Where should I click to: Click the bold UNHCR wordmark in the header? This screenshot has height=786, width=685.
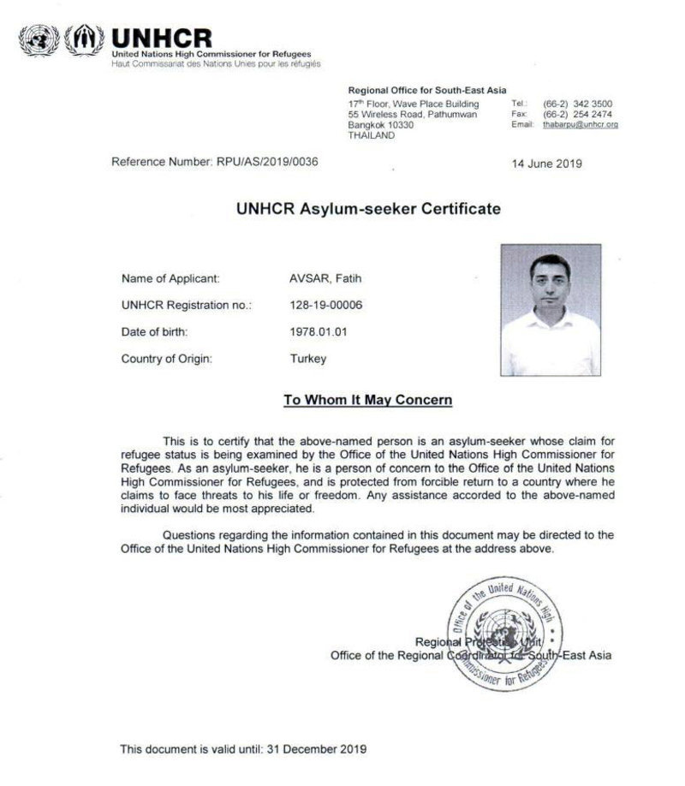161,38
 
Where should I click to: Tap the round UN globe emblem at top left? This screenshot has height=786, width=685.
39,40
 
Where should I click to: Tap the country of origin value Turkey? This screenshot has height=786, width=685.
308,359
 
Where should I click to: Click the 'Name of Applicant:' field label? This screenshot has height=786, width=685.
171,278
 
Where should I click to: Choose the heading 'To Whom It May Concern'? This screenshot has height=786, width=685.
368,400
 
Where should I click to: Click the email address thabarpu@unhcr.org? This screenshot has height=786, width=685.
580,125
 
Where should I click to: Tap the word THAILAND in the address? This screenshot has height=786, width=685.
372,135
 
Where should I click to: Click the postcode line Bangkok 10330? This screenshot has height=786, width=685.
381,125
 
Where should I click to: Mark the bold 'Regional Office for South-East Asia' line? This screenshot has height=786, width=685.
427,90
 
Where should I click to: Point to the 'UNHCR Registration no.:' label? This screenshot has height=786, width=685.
187,305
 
